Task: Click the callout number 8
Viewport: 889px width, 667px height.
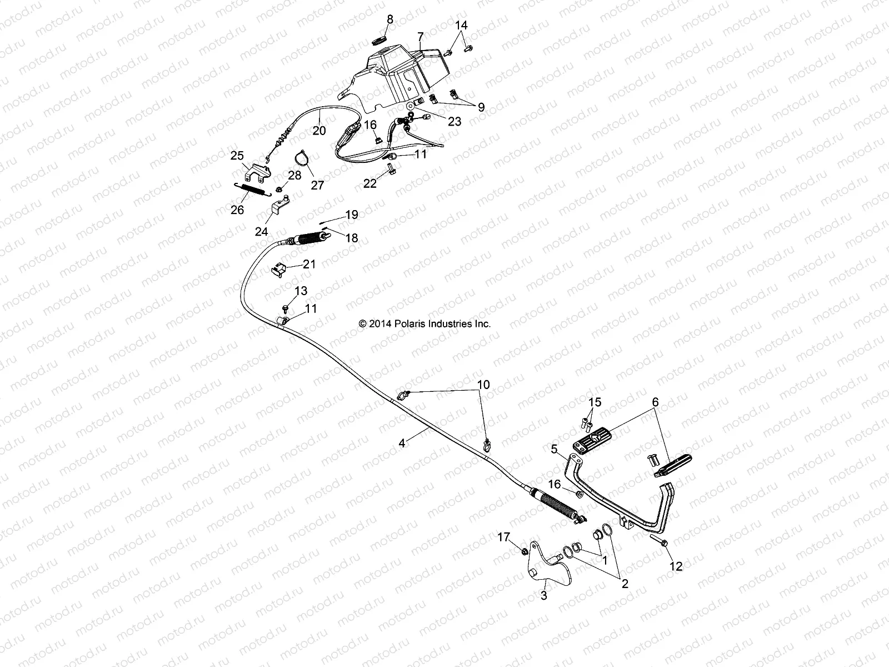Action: [x=390, y=19]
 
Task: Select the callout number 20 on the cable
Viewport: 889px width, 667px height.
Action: [x=319, y=131]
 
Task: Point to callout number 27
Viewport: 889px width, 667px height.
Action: [x=317, y=185]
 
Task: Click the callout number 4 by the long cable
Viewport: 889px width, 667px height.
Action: [x=402, y=443]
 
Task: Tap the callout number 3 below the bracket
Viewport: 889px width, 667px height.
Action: [x=544, y=595]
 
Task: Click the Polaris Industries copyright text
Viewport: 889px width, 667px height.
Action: [x=425, y=323]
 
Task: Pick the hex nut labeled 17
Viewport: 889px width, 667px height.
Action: [x=523, y=551]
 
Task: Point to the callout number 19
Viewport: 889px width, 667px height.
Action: [x=352, y=215]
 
